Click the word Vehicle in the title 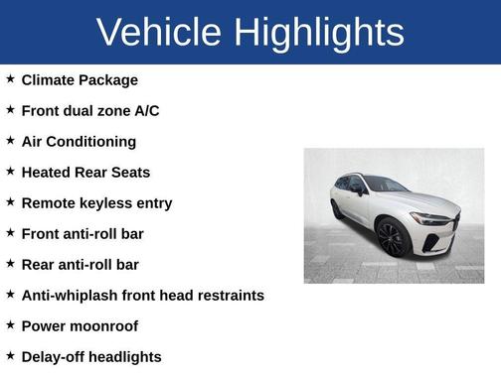click(159, 32)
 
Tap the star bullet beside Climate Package click(10, 79)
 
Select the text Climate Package click(80, 79)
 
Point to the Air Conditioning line click(79, 141)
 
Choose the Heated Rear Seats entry click(85, 172)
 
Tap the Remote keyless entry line click(96, 202)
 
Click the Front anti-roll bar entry click(83, 233)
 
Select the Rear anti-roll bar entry click(80, 264)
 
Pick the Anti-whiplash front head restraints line click(142, 295)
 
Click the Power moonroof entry click(80, 325)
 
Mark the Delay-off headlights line click(90, 356)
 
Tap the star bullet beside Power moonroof click(10, 325)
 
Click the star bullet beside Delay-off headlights click(10, 356)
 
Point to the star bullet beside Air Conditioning click(10, 141)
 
